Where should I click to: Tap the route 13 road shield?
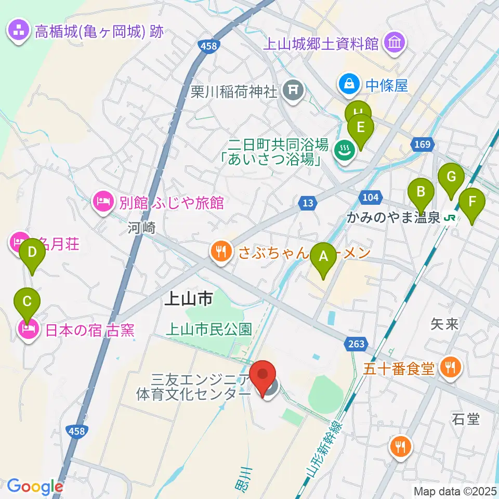pyautogui.click(x=308, y=203)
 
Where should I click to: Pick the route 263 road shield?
pyautogui.click(x=356, y=343)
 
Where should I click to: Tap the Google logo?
pyautogui.click(x=35, y=487)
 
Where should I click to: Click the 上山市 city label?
pyautogui.click(x=188, y=298)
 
